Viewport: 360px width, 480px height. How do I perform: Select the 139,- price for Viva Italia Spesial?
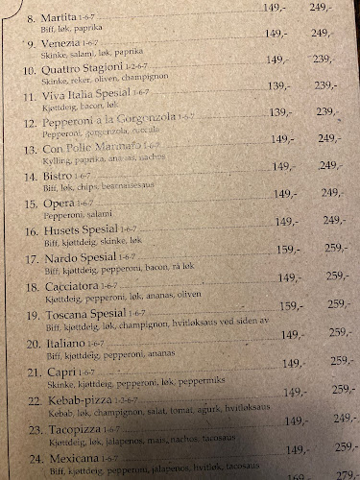pyautogui.click(x=281, y=85)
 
